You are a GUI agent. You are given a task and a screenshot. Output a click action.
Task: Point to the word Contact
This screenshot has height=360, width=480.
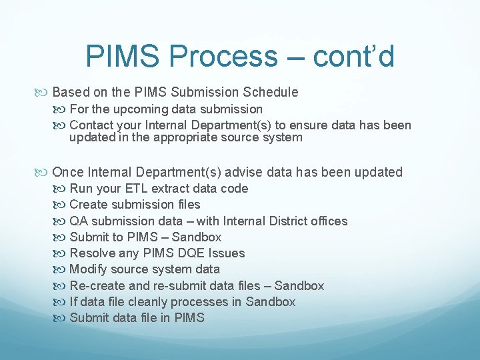pos(90,125)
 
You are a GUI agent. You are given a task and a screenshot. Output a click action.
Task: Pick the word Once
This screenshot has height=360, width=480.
pos(68,172)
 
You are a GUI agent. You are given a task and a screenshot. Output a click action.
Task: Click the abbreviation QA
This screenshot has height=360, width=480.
pos(79,221)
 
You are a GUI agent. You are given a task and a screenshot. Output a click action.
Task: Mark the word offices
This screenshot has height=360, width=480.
pos(327,221)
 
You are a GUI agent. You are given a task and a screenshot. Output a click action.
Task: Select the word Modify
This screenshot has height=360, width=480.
pos(89,269)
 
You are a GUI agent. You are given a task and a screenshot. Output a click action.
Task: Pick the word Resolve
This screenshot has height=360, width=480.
pos(91,253)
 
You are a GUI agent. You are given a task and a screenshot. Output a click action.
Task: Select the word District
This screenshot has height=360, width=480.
pos(273,221)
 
